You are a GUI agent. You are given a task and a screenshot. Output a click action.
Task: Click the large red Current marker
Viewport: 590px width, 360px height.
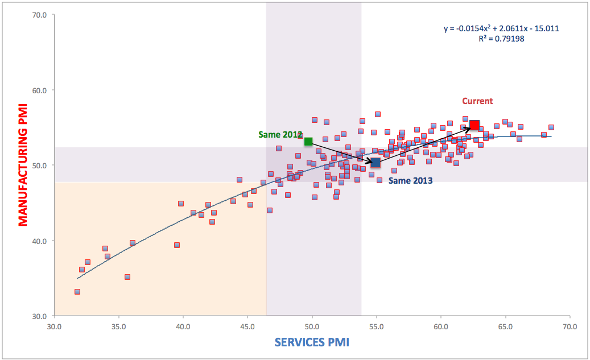[x=474, y=125]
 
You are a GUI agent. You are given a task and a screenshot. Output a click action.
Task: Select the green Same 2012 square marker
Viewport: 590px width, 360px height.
[x=308, y=141]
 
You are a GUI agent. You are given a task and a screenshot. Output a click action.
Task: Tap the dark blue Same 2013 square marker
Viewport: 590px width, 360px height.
[x=376, y=163]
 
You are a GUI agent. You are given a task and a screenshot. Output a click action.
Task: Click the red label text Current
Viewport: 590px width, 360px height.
[x=477, y=101]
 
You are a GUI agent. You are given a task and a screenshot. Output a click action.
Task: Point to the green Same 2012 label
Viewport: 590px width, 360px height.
[x=280, y=135]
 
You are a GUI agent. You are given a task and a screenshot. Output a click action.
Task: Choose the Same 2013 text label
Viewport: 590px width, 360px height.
[x=410, y=181]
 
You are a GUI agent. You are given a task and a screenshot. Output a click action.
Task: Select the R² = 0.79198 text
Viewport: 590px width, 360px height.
[x=501, y=39]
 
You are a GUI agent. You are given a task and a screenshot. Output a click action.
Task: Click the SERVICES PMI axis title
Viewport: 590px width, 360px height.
[x=312, y=342]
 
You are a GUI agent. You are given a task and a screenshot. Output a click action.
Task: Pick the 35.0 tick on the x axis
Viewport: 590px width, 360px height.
[x=118, y=327]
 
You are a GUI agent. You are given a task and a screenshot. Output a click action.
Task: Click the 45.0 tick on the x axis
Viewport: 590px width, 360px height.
[x=247, y=327]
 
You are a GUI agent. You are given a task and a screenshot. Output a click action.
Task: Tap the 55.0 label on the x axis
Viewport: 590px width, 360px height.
[x=377, y=327]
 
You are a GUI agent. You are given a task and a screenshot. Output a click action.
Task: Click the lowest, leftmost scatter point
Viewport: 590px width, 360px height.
[x=77, y=292]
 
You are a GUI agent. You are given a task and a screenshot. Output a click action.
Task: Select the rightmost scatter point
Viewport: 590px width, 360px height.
[x=551, y=127]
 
